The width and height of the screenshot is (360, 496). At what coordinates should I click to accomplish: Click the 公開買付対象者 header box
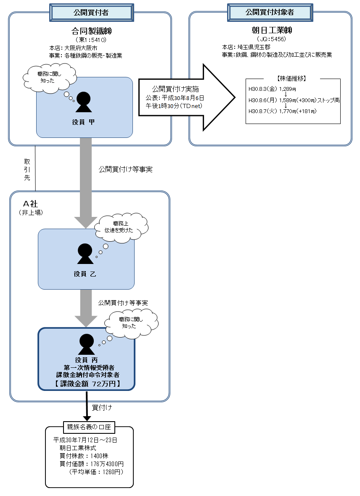[x=270, y=12]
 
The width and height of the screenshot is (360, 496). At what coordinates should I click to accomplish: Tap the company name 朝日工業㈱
[x=270, y=31]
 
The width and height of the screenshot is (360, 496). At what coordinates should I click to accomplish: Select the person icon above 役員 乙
[x=85, y=254]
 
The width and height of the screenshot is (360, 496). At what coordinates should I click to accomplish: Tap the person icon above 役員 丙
[x=87, y=344]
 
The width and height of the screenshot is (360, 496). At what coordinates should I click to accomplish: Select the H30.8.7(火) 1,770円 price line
[x=282, y=111]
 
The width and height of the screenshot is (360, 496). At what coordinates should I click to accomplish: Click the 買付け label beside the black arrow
[x=102, y=407]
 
